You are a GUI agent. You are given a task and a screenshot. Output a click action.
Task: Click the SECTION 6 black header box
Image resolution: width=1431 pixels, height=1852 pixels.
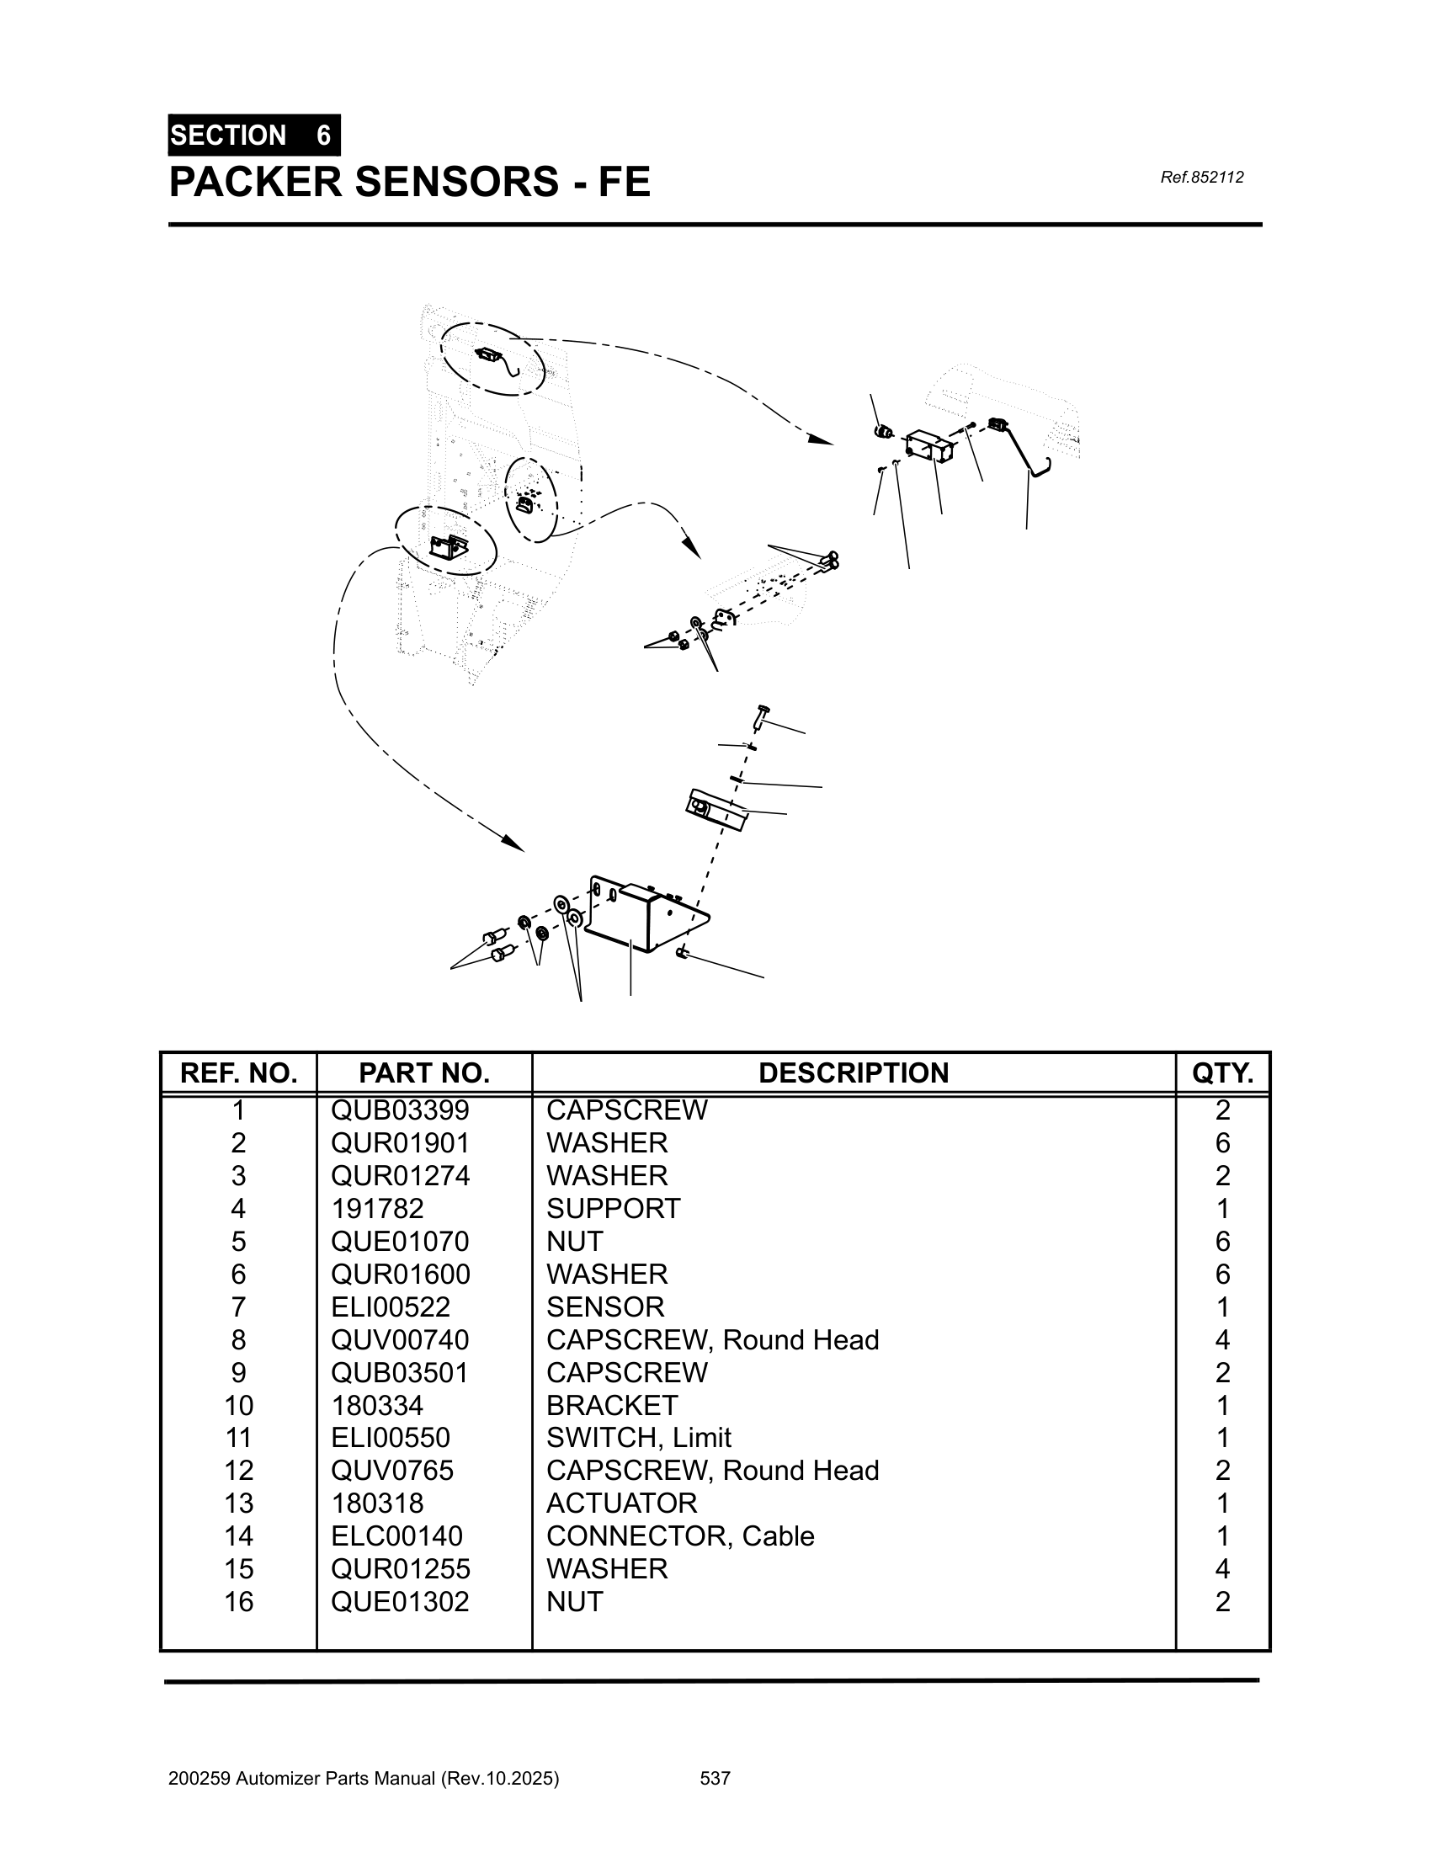click(x=253, y=135)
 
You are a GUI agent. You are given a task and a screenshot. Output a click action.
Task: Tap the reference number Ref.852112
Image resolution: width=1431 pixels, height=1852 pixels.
click(x=1201, y=178)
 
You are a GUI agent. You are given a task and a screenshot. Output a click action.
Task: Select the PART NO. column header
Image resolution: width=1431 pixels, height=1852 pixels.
click(x=424, y=1072)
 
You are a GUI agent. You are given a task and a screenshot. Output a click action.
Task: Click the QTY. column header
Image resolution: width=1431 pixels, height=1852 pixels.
click(x=1221, y=1072)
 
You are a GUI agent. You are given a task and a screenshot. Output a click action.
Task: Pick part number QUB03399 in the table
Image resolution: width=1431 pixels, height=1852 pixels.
click(x=400, y=1110)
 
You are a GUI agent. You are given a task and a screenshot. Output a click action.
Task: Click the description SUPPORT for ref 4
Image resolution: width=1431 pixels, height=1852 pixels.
click(x=613, y=1208)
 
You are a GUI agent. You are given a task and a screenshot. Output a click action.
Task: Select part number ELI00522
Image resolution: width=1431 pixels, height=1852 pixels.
click(x=391, y=1307)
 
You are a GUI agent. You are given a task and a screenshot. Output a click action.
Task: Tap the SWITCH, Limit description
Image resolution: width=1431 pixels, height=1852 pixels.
click(x=638, y=1437)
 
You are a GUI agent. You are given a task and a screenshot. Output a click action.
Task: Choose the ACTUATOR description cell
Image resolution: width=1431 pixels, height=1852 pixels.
click(x=621, y=1503)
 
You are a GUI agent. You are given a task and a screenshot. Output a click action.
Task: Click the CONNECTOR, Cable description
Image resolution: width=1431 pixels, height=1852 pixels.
click(x=680, y=1535)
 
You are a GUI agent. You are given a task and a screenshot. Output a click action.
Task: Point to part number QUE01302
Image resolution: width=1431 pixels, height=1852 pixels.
click(x=400, y=1601)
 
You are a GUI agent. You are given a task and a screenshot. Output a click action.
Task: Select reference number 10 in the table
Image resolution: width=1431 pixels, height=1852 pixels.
click(x=238, y=1405)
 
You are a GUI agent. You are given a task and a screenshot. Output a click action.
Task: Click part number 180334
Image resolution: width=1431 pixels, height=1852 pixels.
click(x=376, y=1405)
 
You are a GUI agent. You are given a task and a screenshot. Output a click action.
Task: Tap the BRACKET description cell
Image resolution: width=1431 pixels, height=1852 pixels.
click(x=612, y=1405)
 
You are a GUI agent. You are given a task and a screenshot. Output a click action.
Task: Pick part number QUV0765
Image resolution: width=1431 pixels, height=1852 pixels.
click(x=392, y=1471)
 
